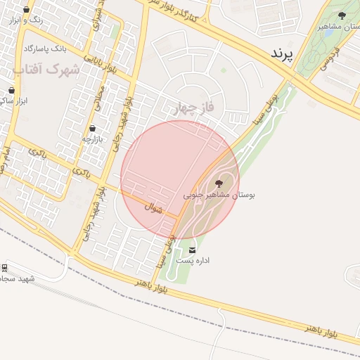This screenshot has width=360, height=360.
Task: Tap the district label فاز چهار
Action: click(190, 108)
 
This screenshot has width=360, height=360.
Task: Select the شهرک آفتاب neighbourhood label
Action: click(46, 70)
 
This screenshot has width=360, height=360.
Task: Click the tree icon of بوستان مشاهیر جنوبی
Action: click(219, 183)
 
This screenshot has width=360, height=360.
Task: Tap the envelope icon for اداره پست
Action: click(193, 250)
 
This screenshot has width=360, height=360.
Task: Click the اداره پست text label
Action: click(193, 261)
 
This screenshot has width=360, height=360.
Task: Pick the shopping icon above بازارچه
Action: click(93, 129)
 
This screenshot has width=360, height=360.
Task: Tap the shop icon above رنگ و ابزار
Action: click(27, 10)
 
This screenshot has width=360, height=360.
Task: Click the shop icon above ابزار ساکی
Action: click(11, 90)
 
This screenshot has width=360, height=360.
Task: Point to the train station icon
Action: click(4, 267)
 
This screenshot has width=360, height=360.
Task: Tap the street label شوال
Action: click(153, 208)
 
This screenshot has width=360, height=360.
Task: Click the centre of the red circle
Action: click(180, 180)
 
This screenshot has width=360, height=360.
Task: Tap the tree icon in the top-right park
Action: click(342, 15)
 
